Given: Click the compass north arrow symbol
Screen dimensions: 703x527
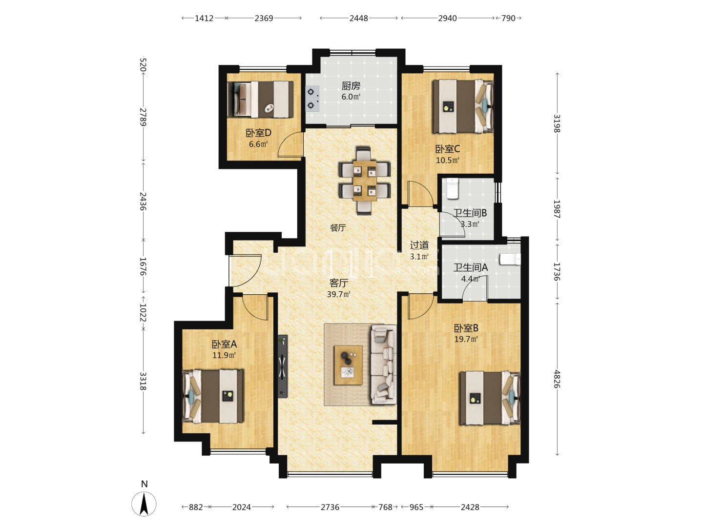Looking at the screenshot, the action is tap(144, 504).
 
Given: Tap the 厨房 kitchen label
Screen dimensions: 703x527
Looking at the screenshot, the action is tap(351, 86).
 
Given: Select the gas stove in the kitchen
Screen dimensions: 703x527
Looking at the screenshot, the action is tap(312, 99).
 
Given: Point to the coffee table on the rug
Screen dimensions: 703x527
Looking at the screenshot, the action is tap(348, 365).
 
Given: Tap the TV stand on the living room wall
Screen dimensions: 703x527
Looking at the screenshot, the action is tap(283, 366).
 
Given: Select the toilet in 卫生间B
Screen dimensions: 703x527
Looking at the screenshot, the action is tap(452, 189).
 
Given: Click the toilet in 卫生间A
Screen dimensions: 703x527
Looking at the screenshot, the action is tap(511, 259).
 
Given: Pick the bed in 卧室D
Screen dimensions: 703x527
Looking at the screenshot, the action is tap(260, 99).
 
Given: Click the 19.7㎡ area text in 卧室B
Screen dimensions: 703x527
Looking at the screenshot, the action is tap(466, 339).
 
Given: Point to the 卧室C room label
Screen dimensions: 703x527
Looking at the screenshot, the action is tap(447, 149).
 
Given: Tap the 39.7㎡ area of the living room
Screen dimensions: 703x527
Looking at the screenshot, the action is tap(338, 294).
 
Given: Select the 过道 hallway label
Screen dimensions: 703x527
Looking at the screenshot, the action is tap(419, 245).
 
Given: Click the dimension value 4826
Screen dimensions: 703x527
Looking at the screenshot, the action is tap(557, 379).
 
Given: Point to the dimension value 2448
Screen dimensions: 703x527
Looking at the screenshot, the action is tap(358, 18).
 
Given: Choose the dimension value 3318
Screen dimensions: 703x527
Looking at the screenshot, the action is tap(143, 381).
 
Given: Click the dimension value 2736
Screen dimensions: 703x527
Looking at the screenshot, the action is tap(330, 507).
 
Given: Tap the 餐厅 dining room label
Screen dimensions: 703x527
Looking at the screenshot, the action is tap(338, 228).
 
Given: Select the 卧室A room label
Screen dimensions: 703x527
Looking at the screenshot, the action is tap(224, 345).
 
